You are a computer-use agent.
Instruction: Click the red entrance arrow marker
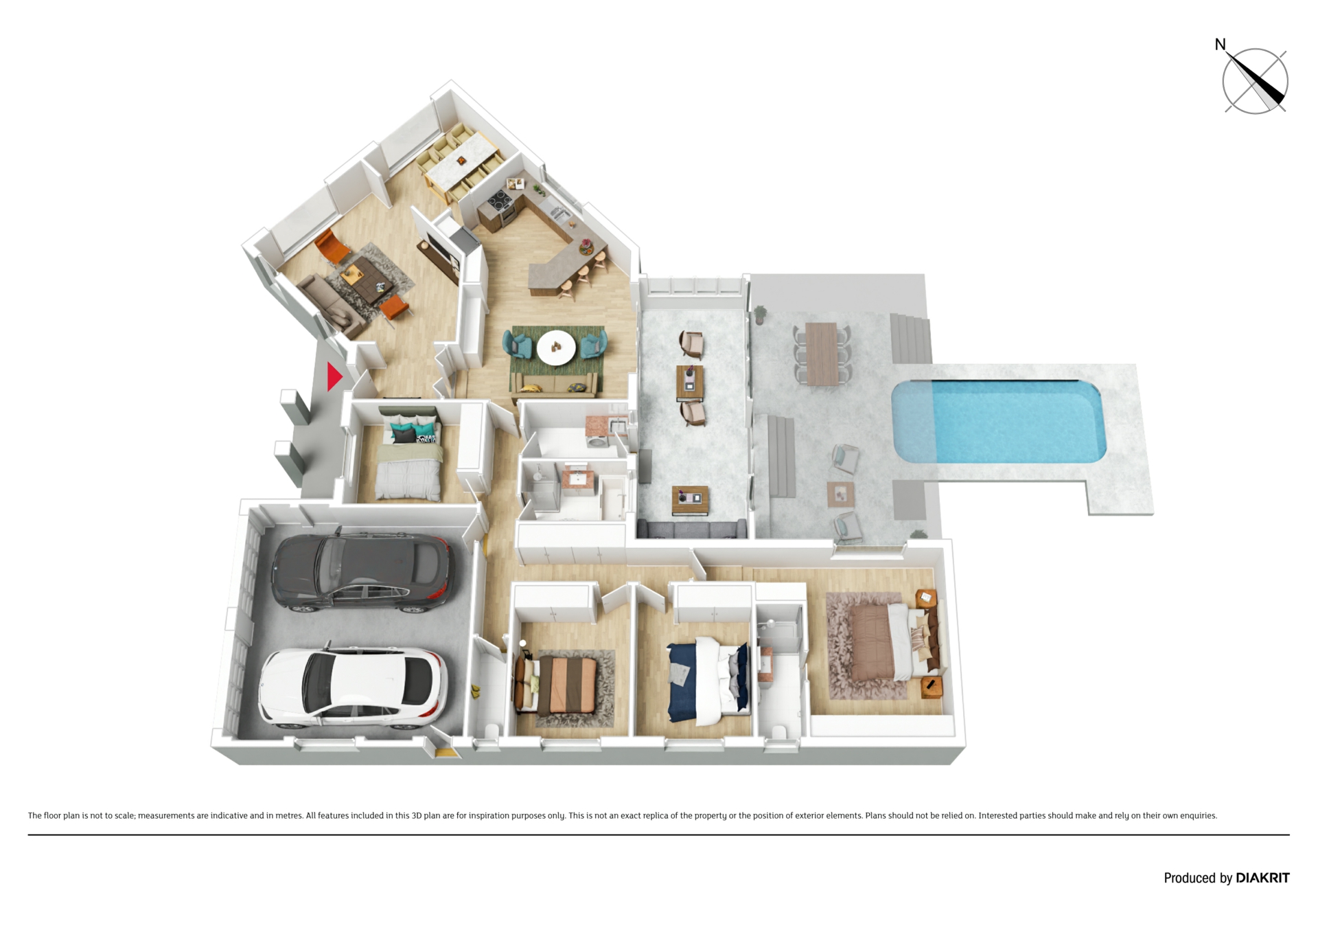point(334,376)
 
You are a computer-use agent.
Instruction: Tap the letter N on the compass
point(1220,45)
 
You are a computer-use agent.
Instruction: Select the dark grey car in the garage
point(362,569)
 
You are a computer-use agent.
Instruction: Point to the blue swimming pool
point(999,420)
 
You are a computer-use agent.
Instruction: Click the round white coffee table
point(556,347)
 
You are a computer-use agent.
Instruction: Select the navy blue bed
point(707,681)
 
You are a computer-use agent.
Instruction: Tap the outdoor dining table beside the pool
point(822,354)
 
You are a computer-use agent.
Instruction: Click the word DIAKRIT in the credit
point(1262,878)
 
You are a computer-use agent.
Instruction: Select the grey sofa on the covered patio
point(691,529)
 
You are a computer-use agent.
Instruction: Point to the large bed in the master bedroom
point(892,641)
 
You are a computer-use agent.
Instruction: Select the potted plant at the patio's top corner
point(760,315)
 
